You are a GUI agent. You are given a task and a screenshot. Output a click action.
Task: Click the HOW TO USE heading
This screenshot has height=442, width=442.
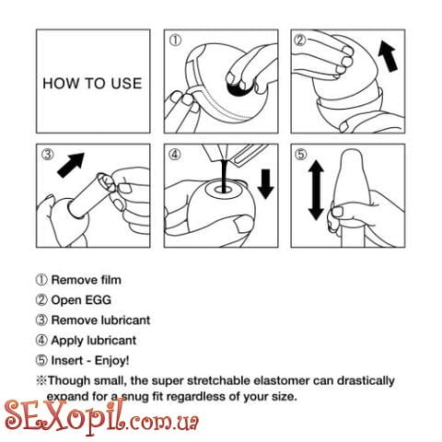coord(92,84)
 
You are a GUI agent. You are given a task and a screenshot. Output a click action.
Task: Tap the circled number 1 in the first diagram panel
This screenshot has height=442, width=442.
coord(176,41)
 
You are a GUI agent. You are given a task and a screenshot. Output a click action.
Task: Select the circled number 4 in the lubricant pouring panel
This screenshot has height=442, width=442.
coord(175,155)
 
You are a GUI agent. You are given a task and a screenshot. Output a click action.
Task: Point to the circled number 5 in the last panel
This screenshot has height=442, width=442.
coord(301,154)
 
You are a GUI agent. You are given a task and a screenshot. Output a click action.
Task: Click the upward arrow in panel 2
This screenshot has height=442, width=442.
coord(388,56)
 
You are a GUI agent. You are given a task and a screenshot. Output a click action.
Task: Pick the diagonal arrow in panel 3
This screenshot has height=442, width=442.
coord(71,165)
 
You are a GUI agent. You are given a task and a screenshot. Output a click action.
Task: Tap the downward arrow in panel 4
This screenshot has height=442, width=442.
coord(265,183)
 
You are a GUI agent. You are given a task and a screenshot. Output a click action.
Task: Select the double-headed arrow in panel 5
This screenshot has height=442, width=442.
coord(316,190)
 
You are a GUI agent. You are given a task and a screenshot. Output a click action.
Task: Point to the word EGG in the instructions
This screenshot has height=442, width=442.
coord(98,300)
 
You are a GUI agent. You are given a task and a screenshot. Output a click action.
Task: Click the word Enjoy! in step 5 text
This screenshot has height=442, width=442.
coord(111,360)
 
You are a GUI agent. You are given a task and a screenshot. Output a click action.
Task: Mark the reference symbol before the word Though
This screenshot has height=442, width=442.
coord(41,380)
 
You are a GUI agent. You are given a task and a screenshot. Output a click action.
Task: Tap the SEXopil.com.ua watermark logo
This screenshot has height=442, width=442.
coord(101,418)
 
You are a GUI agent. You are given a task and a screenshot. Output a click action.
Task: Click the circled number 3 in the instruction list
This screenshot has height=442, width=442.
coord(41,320)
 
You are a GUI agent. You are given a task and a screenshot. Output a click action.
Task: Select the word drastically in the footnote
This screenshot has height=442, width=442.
coord(366,380)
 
